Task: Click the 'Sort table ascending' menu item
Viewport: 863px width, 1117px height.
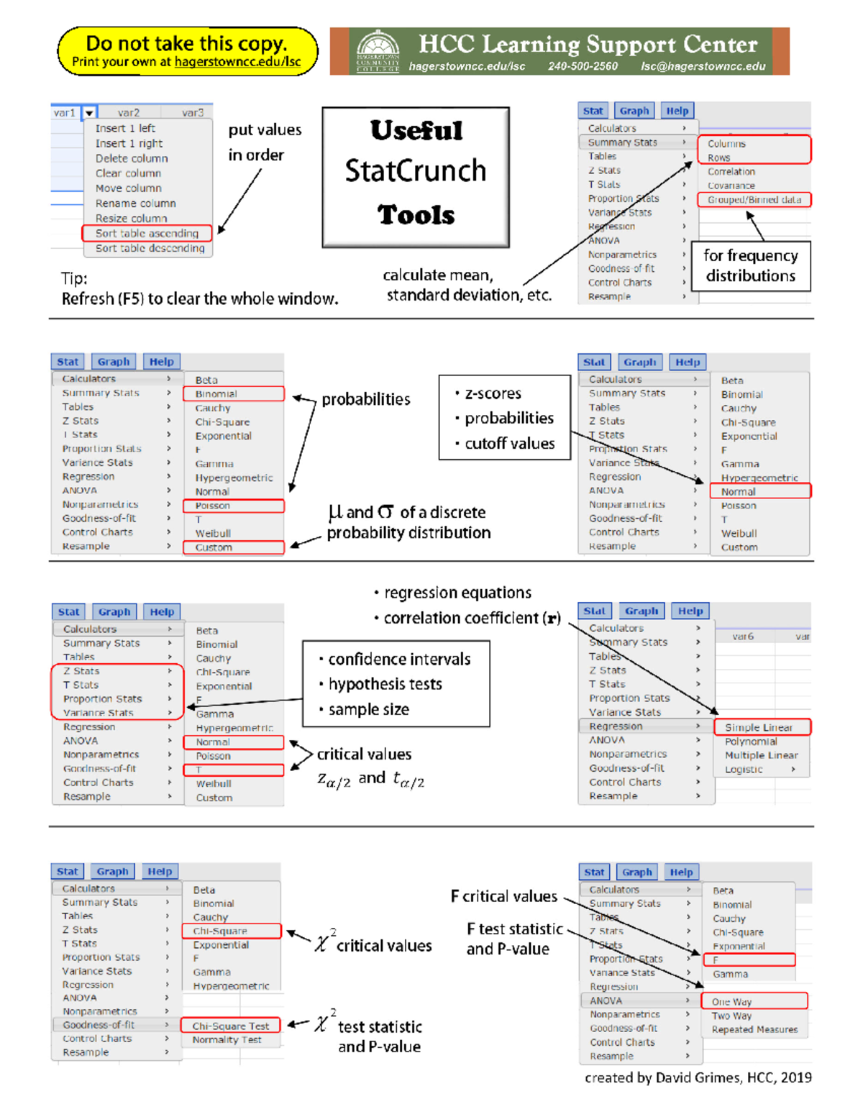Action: (147, 233)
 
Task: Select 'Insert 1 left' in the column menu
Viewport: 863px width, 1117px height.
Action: (125, 128)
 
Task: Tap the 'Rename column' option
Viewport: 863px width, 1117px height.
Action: (135, 204)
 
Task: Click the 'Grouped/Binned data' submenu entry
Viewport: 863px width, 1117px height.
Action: (754, 200)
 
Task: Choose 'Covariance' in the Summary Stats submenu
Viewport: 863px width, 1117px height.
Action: (731, 186)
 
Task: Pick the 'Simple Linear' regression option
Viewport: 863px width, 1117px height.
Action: (758, 727)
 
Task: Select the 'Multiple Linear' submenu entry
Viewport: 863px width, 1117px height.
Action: (761, 755)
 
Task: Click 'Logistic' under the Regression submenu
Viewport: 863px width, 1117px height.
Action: (744, 769)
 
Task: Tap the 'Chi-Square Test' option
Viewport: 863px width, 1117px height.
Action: (230, 1026)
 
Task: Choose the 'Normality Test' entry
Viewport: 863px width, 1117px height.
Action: (227, 1039)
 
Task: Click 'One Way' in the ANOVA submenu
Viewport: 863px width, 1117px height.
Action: (731, 1001)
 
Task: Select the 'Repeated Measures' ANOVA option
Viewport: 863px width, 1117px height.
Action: (754, 1029)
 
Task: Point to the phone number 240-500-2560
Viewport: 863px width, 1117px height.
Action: (583, 66)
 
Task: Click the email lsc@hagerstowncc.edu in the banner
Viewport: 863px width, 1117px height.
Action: (703, 66)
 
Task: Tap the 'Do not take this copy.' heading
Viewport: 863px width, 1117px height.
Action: (186, 43)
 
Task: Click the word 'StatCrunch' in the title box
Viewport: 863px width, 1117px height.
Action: (416, 171)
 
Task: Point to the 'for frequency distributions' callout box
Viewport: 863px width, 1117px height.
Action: (750, 265)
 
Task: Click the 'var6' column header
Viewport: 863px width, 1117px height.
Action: (742, 637)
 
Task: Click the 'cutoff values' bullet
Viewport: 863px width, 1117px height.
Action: (509, 443)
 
